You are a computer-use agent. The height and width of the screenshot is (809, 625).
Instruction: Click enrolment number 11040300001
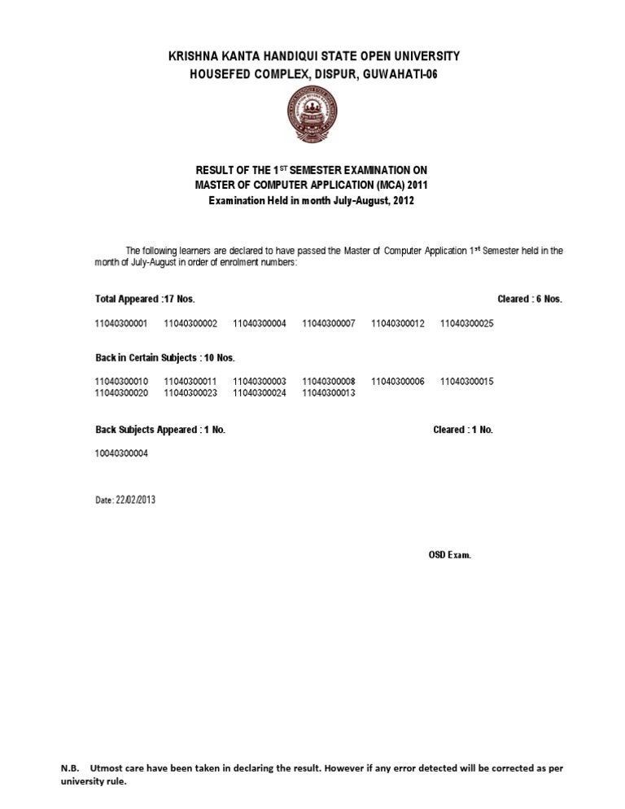point(121,324)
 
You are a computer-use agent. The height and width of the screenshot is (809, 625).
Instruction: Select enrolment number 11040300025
point(467,324)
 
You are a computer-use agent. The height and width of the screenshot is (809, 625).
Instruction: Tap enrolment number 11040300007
point(329,324)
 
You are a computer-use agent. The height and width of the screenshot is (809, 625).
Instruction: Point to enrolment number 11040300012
point(398,324)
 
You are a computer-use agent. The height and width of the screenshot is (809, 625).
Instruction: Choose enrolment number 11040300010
point(121,382)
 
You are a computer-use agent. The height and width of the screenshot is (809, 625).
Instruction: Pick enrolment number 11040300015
point(467,382)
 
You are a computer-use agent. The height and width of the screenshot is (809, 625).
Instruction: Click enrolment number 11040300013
point(329,393)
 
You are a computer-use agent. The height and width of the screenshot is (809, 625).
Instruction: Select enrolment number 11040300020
point(121,393)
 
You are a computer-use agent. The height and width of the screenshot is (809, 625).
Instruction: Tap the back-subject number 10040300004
point(121,453)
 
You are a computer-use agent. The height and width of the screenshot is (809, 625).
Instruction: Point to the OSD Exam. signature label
point(450,555)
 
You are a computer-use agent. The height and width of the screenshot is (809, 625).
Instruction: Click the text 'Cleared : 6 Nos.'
point(530,300)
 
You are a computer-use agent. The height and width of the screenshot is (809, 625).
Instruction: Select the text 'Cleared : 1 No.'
point(463,430)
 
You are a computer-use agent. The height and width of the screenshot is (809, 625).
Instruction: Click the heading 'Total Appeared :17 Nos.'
point(145,300)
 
